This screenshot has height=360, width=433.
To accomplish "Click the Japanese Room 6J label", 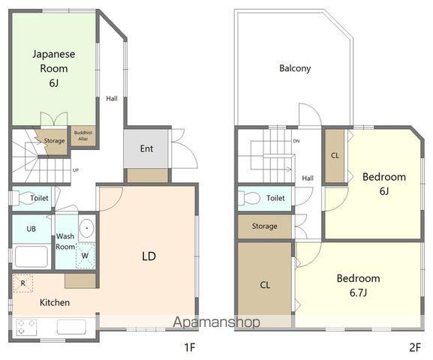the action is [x=54, y=68].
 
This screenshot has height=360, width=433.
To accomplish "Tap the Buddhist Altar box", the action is [x=83, y=136].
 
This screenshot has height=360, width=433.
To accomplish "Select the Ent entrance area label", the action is [x=146, y=148].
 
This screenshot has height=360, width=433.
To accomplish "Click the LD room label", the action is [x=149, y=256].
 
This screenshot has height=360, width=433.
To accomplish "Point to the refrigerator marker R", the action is [x=23, y=283].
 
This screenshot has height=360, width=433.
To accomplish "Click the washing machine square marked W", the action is [x=86, y=255].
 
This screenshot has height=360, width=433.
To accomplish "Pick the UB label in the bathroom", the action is [x=32, y=229].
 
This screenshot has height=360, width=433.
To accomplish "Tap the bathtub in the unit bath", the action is [x=32, y=256].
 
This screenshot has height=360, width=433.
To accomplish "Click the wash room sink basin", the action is [x=87, y=228].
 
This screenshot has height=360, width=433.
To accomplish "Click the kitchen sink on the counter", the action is [x=71, y=327].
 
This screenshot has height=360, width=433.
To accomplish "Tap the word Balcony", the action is [x=295, y=68].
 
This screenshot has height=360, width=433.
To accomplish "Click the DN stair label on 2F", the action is [x=296, y=141].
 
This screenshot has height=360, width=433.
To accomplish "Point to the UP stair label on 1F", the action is [x=75, y=170].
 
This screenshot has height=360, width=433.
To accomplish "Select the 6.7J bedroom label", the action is [x=358, y=286].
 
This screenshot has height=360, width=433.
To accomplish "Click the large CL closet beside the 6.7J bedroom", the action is [x=265, y=284].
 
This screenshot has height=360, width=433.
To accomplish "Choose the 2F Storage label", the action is [x=264, y=226].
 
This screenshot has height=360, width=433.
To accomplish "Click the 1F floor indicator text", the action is [x=190, y=347].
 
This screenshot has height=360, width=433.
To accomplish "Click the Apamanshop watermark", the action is [x=216, y=322].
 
